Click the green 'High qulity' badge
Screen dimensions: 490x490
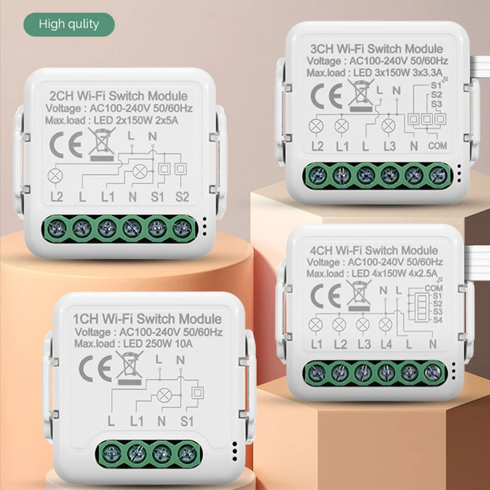point(69,24)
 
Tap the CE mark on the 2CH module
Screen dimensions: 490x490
point(66,145)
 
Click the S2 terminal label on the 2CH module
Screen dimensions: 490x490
point(182,197)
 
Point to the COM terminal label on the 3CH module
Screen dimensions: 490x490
point(437,146)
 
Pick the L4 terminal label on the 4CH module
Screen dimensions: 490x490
point(386,344)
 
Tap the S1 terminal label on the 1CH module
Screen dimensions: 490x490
point(187,421)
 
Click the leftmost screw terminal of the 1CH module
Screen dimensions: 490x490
point(111,453)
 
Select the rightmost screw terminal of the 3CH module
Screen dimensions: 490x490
point(439,176)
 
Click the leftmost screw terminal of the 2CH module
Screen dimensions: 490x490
point(56,228)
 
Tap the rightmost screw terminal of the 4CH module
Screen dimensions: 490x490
point(432,372)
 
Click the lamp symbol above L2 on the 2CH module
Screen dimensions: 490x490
point(55,176)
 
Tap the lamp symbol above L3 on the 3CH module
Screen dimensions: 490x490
point(389,126)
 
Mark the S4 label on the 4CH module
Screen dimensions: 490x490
point(437,320)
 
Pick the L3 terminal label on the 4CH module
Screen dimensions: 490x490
point(364,344)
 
